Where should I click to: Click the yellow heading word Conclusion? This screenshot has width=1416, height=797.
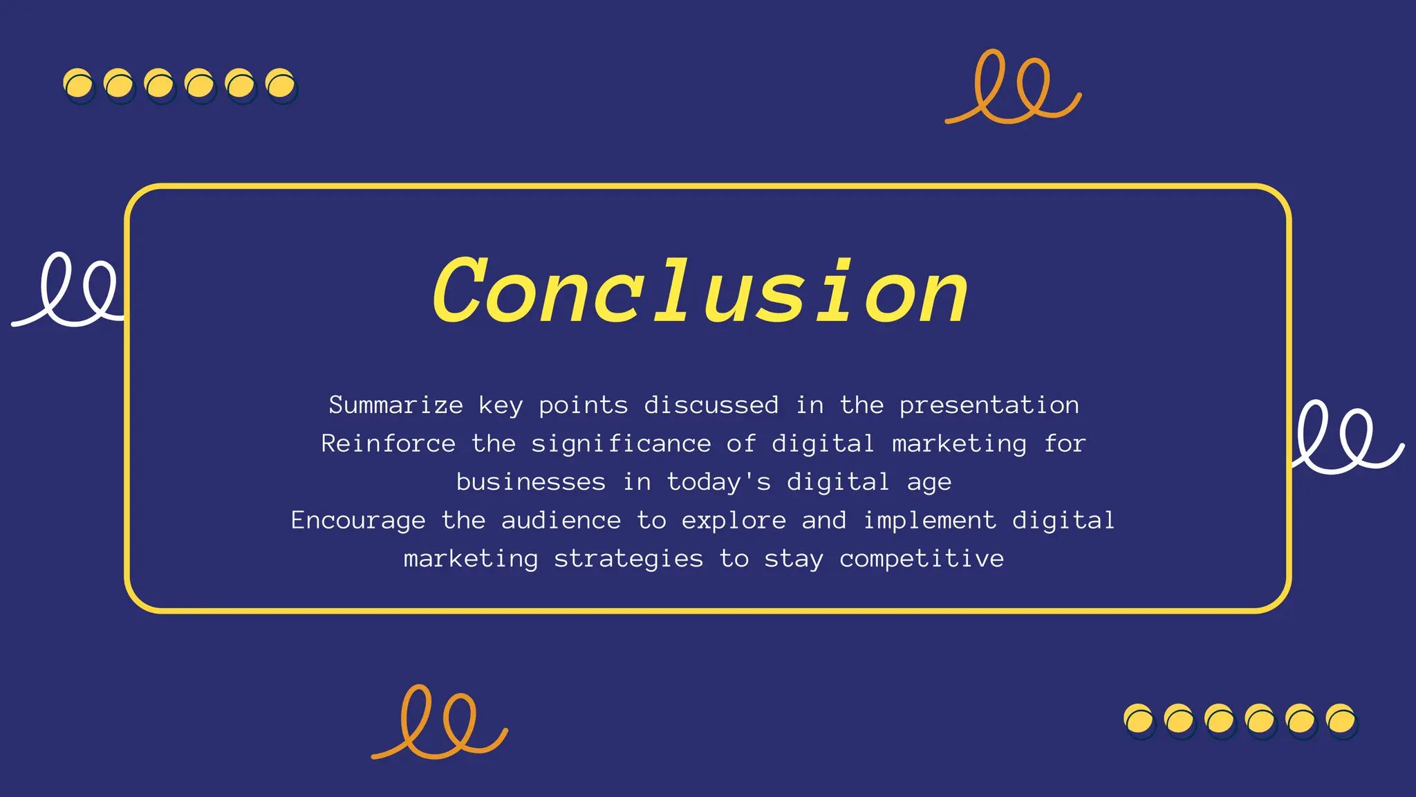700,291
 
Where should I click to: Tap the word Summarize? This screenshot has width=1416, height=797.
395,405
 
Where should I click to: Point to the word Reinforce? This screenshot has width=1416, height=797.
388,444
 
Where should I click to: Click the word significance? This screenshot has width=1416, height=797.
621,444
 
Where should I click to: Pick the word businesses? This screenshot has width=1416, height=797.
530,482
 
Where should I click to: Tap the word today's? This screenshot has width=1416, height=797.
718,482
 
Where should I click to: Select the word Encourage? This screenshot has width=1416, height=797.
357,521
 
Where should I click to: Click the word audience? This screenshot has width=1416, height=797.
561,521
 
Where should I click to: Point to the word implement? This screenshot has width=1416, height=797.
929,521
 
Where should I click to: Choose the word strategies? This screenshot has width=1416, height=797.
628,559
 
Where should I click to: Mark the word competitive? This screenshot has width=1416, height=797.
921,559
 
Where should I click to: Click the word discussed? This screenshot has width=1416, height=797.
711,405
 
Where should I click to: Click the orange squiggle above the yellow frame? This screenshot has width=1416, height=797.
1013,89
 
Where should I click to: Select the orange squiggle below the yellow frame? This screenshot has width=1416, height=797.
440,723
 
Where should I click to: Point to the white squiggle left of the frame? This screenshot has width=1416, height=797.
69,291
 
